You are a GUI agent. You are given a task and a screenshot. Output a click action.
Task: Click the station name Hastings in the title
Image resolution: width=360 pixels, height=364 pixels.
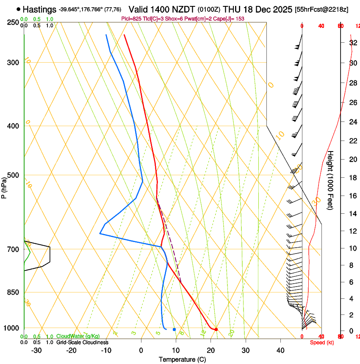pos(39,9)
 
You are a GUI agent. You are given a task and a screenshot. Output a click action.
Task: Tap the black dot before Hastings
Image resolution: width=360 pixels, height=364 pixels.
pos(18,9)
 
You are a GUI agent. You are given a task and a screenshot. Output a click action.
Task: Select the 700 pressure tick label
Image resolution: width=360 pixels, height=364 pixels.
pos(13,249)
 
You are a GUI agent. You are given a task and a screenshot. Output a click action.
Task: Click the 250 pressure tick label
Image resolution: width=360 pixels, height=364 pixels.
pos(13,22)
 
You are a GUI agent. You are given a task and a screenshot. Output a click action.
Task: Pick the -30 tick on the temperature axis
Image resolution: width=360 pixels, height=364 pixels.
pos(36,350)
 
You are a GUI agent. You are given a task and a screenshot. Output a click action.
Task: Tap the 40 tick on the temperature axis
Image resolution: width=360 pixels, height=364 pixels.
pos(280,350)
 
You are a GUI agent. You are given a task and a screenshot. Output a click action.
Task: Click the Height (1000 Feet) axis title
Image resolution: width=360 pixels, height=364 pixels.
pos(331,180)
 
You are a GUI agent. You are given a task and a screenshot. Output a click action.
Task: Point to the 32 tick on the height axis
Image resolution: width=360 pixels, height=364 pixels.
pos(352,43)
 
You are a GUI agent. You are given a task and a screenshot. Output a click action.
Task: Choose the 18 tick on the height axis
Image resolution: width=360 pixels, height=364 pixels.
pos(352,178)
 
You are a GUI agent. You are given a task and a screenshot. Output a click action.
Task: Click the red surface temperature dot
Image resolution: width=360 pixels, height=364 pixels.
pos(216,329)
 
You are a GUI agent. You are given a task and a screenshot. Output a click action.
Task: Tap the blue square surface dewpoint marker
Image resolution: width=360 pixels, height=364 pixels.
pos(174,329)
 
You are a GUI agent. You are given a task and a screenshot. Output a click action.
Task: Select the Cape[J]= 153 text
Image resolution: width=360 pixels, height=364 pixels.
pos(231,19)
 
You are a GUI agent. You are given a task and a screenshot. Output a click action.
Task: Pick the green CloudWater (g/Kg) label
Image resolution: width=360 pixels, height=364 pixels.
pos(78,336)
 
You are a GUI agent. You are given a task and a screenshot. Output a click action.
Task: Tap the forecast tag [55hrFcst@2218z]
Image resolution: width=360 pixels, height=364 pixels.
pos(321,9)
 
